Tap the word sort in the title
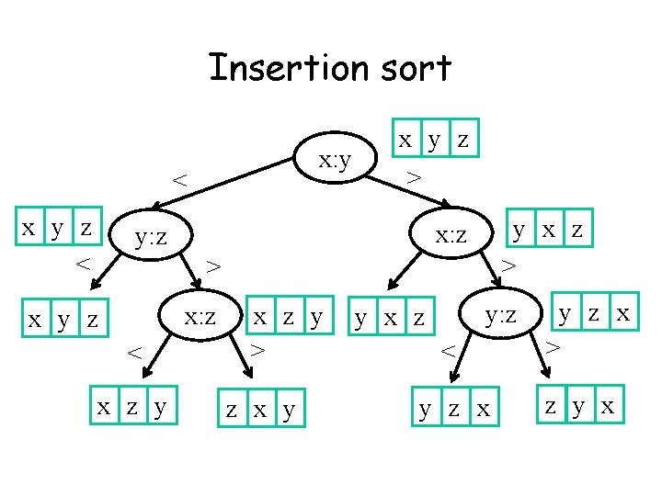click(x=416, y=68)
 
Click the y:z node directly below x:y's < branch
click(x=150, y=239)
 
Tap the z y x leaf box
click(x=580, y=405)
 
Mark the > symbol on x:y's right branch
click(x=415, y=175)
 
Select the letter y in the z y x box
click(x=580, y=405)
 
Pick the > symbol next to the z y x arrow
click(x=552, y=347)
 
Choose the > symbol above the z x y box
click(x=259, y=349)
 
